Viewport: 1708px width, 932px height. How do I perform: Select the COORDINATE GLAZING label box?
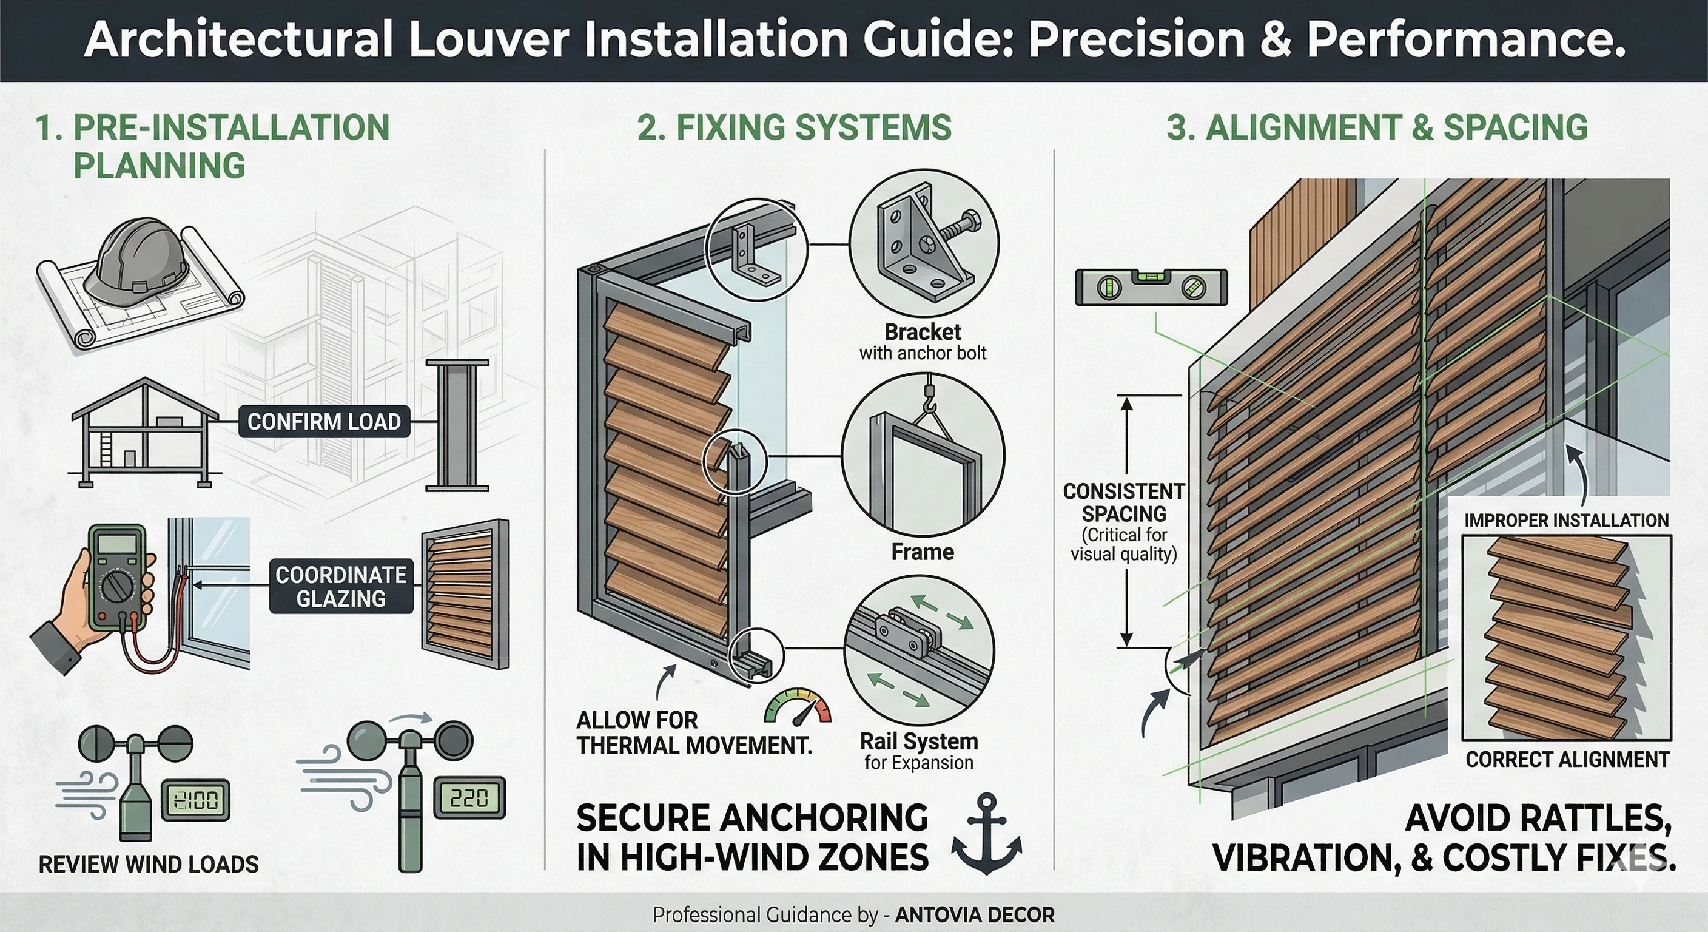pyautogui.click(x=341, y=586)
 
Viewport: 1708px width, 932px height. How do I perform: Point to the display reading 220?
pyautogui.click(x=469, y=798)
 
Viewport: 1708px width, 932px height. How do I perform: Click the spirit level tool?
pyautogui.click(x=1151, y=287)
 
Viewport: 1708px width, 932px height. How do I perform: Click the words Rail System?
pyautogui.click(x=918, y=741)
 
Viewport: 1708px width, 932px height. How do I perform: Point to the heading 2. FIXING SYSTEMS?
pyautogui.click(x=794, y=127)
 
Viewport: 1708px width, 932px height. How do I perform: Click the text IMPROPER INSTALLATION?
pyautogui.click(x=1566, y=521)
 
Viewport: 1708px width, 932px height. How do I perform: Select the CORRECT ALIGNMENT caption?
pyautogui.click(x=1567, y=760)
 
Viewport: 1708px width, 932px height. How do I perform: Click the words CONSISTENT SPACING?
pyautogui.click(x=1124, y=502)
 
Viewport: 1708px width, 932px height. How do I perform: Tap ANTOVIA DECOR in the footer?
pyautogui.click(x=974, y=916)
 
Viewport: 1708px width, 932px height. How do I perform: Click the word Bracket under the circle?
pyautogui.click(x=923, y=332)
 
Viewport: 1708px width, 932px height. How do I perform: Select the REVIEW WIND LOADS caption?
pyautogui.click(x=149, y=864)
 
